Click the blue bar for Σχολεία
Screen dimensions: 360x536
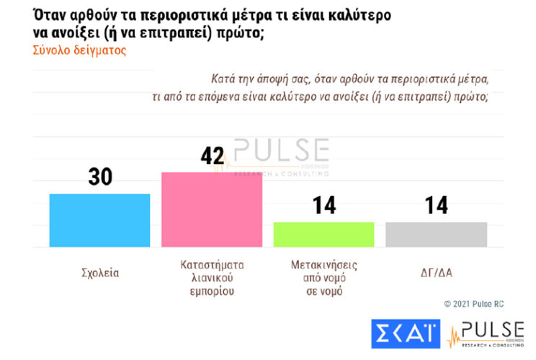(99, 220)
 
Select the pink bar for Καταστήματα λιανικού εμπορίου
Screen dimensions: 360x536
(211, 210)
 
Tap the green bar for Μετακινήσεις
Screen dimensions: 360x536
(323, 235)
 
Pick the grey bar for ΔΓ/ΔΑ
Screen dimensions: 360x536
(436, 235)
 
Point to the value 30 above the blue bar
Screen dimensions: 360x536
(100, 176)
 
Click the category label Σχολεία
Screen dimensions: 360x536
(99, 274)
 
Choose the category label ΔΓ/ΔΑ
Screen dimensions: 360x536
(436, 274)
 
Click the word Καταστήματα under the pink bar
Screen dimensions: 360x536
(211, 265)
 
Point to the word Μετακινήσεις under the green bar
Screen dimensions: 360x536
(323, 265)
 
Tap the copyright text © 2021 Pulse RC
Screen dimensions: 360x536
(473, 304)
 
